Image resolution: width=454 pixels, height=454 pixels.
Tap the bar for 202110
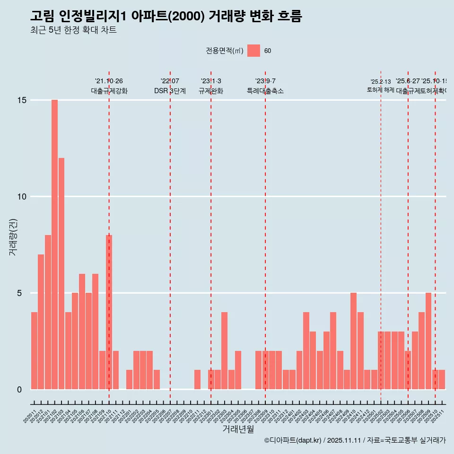(109, 312)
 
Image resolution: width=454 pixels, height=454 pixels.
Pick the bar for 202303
(224, 350)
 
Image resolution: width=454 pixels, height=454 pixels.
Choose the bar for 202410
(353, 341)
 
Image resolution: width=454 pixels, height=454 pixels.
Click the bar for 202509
(428, 341)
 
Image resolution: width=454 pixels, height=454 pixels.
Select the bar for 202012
(41, 322)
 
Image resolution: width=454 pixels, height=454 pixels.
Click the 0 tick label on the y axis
(19, 390)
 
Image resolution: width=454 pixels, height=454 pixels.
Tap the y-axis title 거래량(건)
(13, 237)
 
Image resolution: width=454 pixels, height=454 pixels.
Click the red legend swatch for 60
(253, 51)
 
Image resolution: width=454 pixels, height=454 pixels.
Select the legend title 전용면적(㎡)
(224, 51)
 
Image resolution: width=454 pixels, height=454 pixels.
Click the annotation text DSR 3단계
(170, 91)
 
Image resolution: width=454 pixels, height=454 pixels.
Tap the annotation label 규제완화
(210, 91)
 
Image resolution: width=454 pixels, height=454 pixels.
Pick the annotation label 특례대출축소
(265, 91)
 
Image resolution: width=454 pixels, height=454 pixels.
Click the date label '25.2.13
(381, 82)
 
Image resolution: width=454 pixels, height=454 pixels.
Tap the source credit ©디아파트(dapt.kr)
(292, 440)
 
